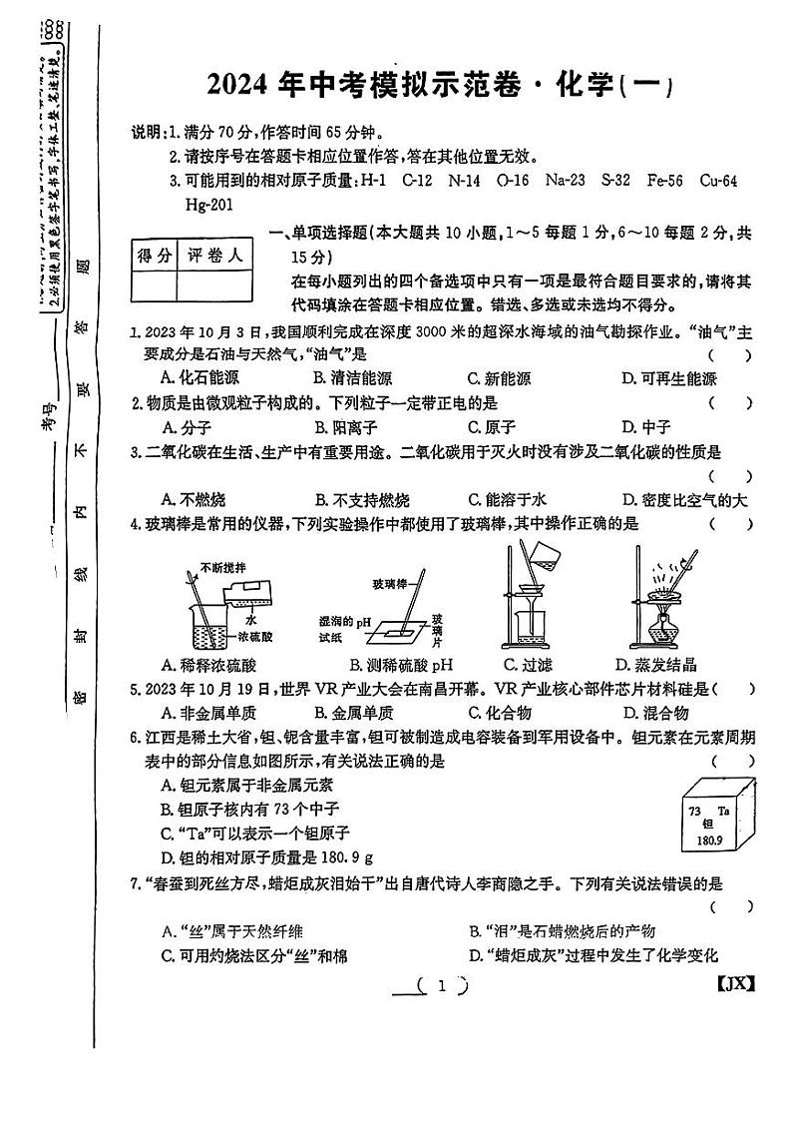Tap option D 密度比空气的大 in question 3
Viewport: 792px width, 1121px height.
(682, 499)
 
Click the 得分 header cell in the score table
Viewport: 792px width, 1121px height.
(155, 257)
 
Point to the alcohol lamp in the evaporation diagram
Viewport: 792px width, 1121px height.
(659, 633)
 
